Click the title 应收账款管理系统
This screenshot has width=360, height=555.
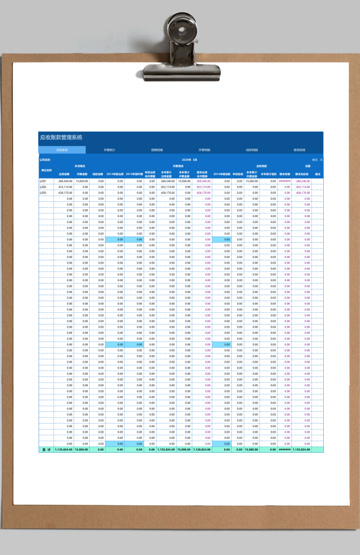pos(61,138)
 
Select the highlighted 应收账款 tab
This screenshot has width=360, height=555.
pos(62,150)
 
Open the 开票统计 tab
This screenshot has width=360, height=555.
pos(109,150)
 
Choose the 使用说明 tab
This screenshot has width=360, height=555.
pos(300,150)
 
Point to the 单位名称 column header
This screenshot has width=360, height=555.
pos(46,170)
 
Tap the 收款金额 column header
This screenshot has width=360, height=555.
pos(98,174)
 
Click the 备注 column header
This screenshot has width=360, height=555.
pos(318,174)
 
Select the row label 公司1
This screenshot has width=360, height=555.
pos(43,181)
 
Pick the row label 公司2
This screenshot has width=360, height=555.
pos(43,187)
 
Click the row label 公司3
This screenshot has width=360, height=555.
pos(43,192)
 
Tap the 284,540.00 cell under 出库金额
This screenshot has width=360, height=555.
pos(65,181)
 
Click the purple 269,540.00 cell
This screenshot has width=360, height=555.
pos(204,181)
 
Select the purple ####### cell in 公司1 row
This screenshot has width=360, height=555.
pos(285,181)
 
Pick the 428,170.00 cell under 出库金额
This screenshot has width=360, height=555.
pos(65,192)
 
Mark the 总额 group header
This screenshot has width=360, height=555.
pos(308,166)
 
